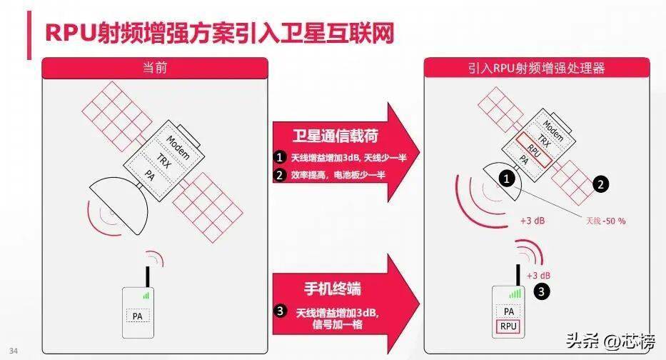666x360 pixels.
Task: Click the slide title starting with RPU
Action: [x=220, y=33]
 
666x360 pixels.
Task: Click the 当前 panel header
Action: [x=155, y=68]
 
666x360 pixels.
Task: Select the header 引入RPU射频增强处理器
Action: [x=537, y=68]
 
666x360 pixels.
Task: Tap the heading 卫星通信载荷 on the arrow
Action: [x=335, y=136]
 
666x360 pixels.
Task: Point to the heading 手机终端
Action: [x=333, y=289]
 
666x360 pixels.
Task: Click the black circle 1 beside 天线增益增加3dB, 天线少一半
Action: [x=280, y=157]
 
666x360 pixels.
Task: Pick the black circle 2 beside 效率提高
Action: [x=280, y=175]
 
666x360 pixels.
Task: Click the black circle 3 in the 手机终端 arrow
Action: [x=280, y=311]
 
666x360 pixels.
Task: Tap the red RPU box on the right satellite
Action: [x=534, y=149]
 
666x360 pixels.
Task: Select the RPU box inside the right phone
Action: [x=508, y=326]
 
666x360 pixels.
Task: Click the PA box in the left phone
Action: [x=138, y=316]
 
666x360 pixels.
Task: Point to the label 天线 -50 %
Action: [x=606, y=221]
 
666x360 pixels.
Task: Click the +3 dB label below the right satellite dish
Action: [x=533, y=221]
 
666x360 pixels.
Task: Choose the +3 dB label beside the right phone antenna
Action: [x=538, y=276]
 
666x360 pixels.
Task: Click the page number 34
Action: [x=14, y=351]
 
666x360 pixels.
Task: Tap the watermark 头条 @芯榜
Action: [x=610, y=341]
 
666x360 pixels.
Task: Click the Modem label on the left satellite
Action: [x=178, y=147]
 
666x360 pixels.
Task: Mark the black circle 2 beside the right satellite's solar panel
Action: [x=600, y=184]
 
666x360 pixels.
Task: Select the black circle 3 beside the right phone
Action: [x=542, y=291]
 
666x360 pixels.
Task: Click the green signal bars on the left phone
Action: [x=146, y=296]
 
